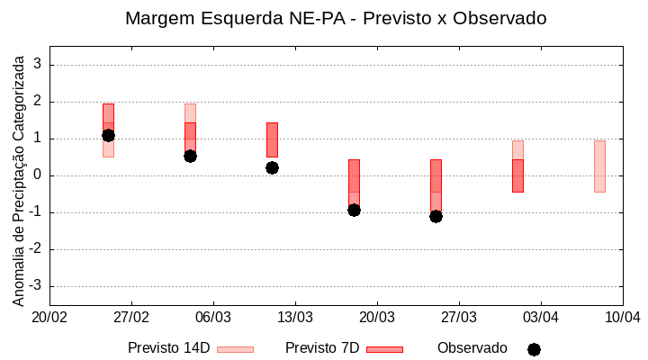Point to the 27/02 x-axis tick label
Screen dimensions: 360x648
coord(131,317)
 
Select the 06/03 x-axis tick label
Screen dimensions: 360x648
coord(213,317)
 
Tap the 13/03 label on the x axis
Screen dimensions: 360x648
coord(295,317)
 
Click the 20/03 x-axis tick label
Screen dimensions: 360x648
coord(377,317)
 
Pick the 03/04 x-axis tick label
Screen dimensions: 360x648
coord(540,317)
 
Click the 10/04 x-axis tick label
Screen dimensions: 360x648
coord(622,317)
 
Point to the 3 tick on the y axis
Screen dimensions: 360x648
coord(38,65)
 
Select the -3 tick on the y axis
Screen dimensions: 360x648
coord(36,286)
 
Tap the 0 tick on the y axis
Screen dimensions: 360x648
coord(38,175)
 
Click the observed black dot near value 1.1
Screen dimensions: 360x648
coord(108,135)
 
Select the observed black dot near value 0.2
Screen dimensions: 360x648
coord(272,167)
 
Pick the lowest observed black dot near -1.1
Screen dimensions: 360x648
coord(436,216)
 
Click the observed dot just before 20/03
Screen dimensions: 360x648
coord(354,210)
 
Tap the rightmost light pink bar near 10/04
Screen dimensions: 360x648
coord(599,166)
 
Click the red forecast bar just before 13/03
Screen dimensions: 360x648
coord(272,139)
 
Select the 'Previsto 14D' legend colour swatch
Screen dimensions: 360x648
coord(235,349)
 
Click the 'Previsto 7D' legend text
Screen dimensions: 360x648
coord(322,348)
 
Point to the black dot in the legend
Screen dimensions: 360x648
coord(534,349)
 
